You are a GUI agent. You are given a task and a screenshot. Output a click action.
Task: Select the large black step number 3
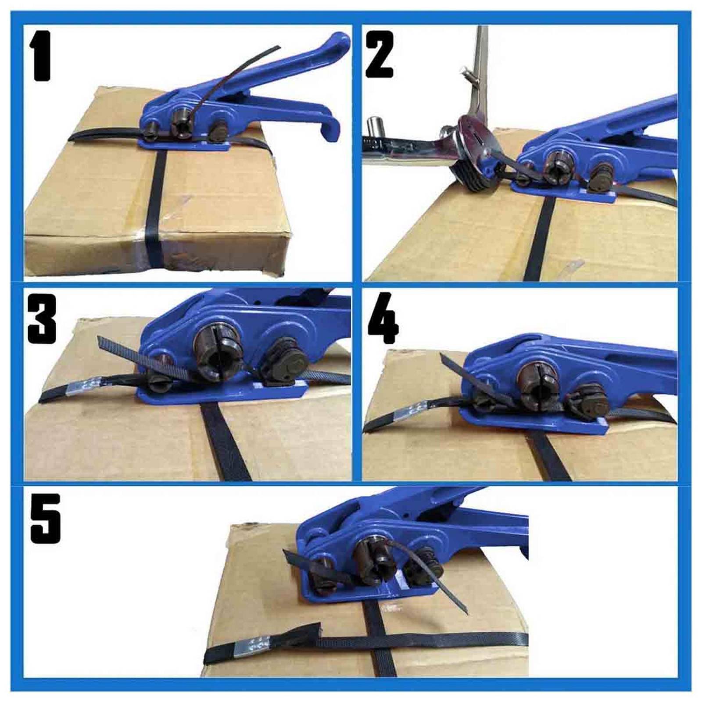42,319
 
